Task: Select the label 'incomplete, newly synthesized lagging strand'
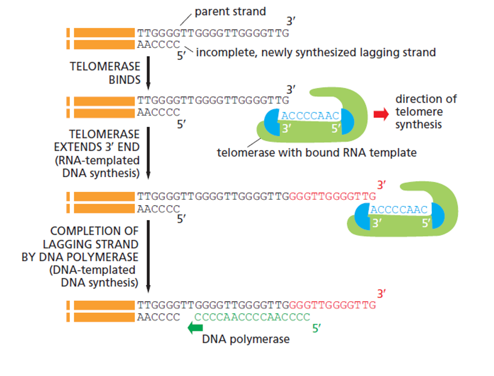pos(315,52)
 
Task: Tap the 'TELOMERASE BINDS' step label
pos(105,73)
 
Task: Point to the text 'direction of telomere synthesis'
pos(426,112)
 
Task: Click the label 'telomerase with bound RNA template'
pos(316,153)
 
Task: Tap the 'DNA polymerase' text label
pos(246,339)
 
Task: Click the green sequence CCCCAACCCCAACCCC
pos(252,317)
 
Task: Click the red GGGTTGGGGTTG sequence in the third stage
pos(332,196)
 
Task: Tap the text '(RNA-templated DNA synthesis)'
pos(100,166)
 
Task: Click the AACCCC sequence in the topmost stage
pos(158,45)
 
